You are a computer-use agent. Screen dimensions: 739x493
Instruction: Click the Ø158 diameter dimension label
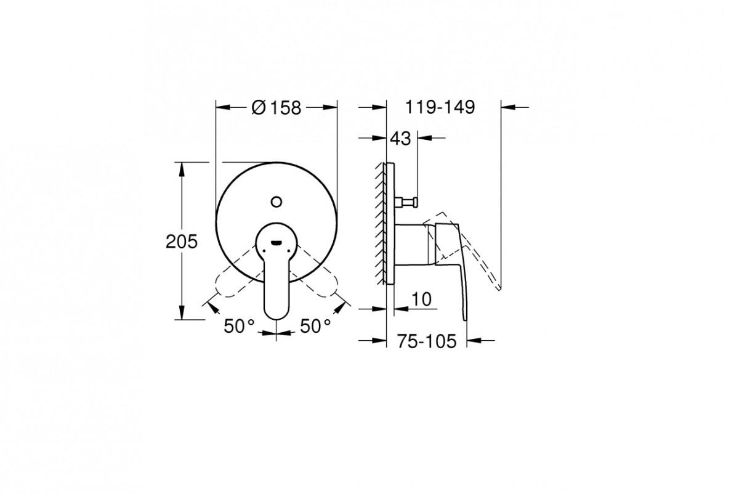pyautogui.click(x=277, y=108)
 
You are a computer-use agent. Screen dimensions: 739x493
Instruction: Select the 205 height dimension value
pyautogui.click(x=182, y=242)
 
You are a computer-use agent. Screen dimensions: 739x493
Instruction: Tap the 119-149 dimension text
pyautogui.click(x=440, y=107)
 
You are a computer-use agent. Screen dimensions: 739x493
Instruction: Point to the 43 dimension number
pyautogui.click(x=400, y=139)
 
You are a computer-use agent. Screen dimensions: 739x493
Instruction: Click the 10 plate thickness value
pyautogui.click(x=421, y=299)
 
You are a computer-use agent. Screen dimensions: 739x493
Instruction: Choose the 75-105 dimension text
pyautogui.click(x=427, y=341)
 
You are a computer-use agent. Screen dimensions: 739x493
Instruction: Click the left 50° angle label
pyautogui.click(x=239, y=326)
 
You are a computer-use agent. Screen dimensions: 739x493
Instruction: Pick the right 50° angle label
pyautogui.click(x=315, y=326)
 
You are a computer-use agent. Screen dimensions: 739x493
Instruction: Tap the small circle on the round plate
pyautogui.click(x=277, y=202)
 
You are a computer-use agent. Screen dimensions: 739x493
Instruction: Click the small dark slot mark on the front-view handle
pyautogui.click(x=276, y=243)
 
